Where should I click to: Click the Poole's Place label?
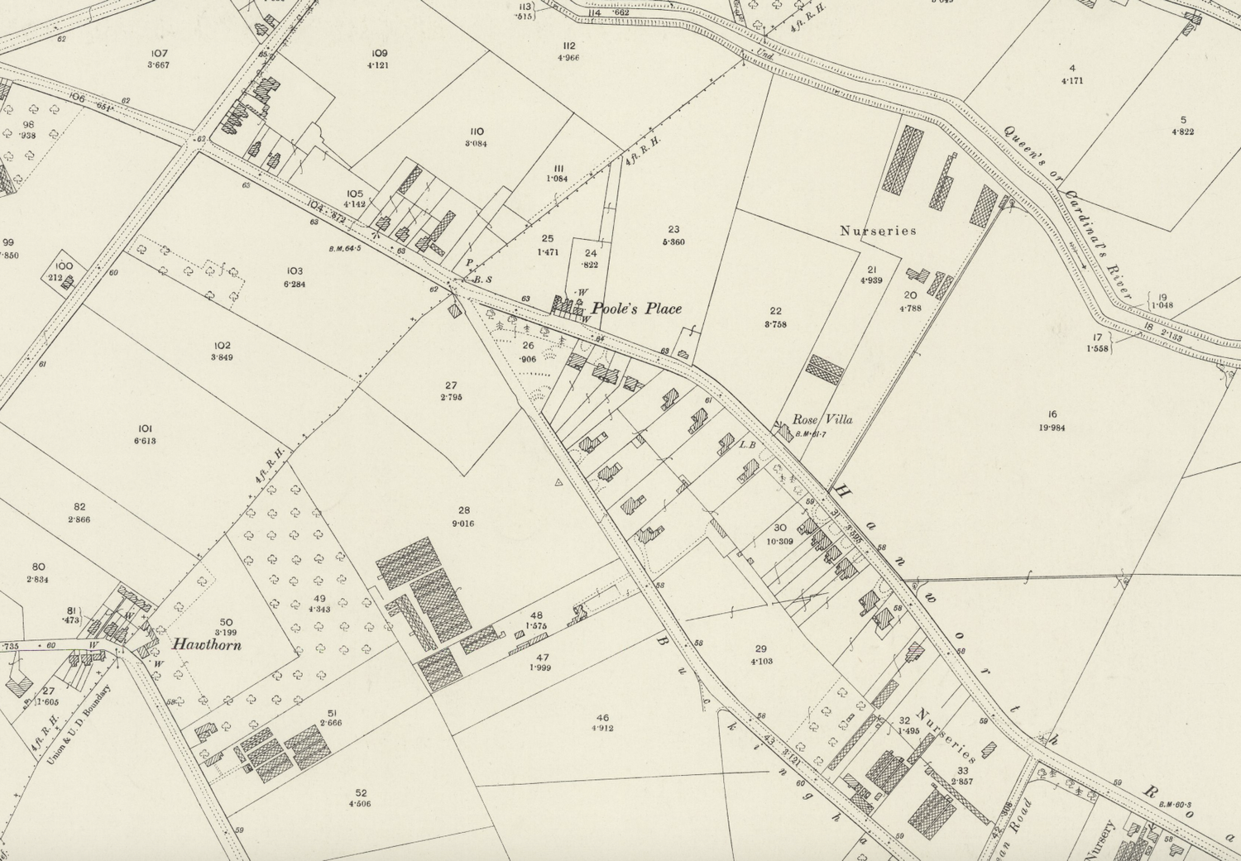(636, 309)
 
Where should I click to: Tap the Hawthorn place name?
(207, 644)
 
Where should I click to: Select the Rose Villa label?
(822, 419)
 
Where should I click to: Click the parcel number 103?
(295, 270)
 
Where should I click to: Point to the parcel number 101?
(145, 428)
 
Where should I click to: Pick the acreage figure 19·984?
(1052, 427)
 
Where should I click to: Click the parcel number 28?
(463, 510)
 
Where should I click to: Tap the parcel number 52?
(360, 792)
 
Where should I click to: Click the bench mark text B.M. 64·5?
(345, 246)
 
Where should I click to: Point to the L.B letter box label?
(748, 445)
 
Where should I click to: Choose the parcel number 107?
(158, 53)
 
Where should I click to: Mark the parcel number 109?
(380, 53)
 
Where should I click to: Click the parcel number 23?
(673, 230)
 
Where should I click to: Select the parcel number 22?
(775, 312)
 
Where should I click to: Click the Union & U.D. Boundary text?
(79, 725)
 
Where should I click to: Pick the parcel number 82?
(79, 507)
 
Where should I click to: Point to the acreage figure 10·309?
(780, 542)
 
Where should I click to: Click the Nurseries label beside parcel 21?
(878, 231)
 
